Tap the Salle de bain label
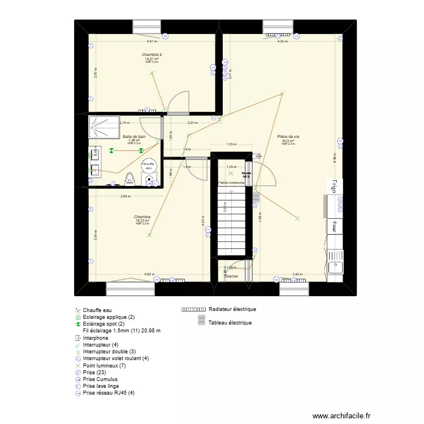point(135,137)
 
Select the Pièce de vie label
point(288,137)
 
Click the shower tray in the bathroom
point(103,127)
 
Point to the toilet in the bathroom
point(129,179)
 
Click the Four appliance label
point(335,226)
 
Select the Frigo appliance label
point(335,186)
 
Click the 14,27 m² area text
point(152,58)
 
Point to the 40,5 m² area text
point(288,141)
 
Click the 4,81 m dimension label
point(152,41)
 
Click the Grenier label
point(232,276)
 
